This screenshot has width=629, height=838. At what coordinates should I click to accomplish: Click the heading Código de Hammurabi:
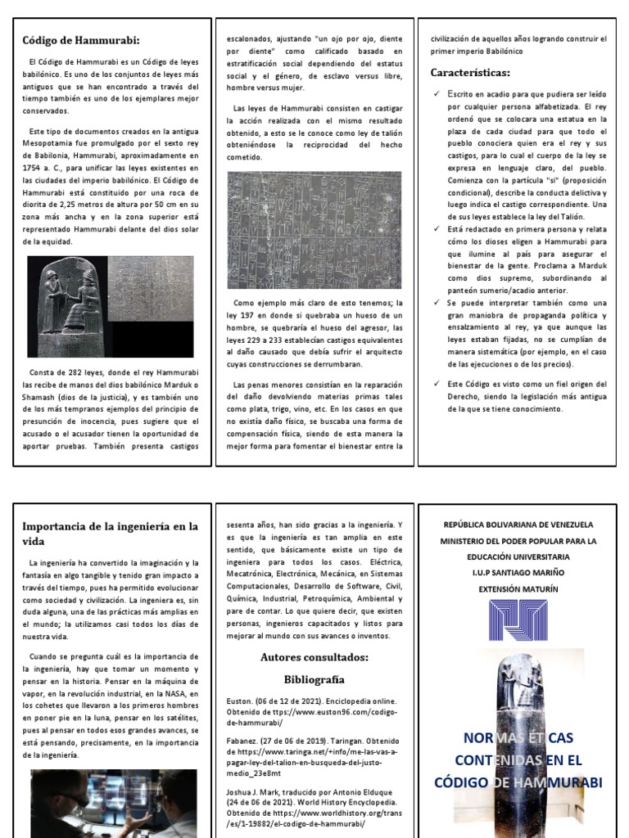(80, 40)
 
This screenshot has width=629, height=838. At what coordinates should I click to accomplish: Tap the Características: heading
(470, 73)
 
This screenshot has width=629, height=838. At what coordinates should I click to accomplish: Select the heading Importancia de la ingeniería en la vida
(109, 533)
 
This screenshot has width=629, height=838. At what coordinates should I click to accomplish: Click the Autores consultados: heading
(314, 657)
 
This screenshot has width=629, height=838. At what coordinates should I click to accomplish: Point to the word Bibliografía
(314, 679)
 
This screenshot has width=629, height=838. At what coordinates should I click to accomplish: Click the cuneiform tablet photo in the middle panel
(314, 230)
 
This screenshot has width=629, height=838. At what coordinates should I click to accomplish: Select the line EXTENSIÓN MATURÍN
(518, 588)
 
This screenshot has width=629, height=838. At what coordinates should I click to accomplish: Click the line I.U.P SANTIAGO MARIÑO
(518, 573)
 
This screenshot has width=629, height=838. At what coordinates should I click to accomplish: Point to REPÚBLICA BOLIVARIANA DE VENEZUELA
(518, 525)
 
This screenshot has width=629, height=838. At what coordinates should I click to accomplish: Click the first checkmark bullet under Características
(437, 95)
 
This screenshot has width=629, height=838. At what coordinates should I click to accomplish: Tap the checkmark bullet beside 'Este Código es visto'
(437, 383)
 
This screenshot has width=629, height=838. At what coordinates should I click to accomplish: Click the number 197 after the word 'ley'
(251, 315)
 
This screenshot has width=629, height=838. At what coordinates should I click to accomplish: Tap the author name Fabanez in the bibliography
(242, 741)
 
